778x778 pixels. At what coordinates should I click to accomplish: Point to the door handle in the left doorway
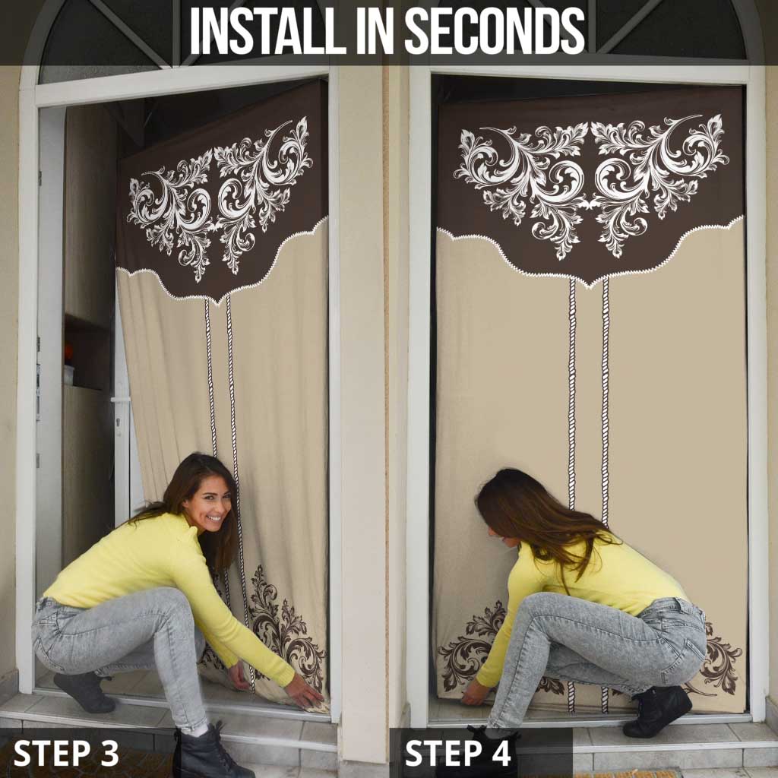point(119,400)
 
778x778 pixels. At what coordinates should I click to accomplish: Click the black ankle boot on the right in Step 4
point(658,711)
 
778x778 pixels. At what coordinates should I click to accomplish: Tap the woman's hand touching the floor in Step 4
point(476,692)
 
